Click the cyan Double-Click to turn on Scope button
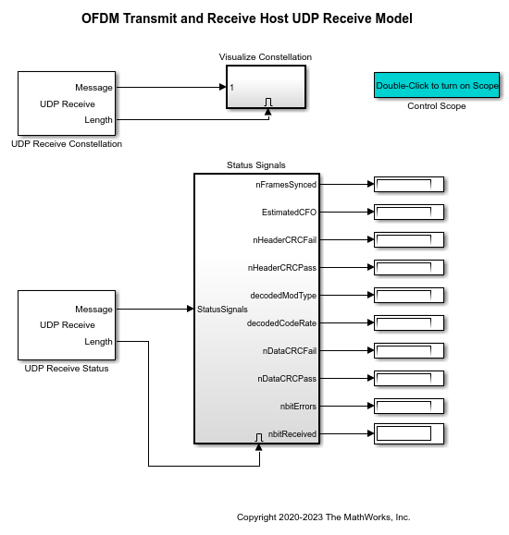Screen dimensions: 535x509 (437, 86)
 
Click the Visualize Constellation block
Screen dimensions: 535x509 (266, 87)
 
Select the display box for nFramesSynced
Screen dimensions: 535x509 (408, 184)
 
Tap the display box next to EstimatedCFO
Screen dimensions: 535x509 (408, 212)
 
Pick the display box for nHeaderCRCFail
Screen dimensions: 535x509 (408, 239)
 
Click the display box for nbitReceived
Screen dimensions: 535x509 (408, 433)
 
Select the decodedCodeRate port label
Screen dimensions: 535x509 (281, 323)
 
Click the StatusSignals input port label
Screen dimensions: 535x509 (222, 309)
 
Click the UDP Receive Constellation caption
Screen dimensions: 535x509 (67, 143)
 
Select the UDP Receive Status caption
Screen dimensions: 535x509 (67, 369)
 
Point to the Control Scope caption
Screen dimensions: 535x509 (437, 106)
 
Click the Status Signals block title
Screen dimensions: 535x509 (256, 165)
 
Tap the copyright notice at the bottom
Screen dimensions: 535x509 (323, 517)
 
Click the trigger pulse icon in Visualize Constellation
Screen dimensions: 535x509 (268, 102)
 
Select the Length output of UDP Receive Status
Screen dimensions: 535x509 (98, 341)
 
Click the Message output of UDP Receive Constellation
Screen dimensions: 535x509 (93, 88)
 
